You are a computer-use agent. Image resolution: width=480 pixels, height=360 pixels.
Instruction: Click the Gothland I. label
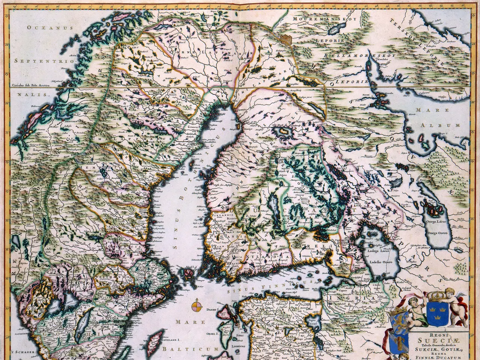pyautogui.click(x=171, y=339)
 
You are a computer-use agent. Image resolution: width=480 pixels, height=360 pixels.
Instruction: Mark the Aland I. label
pyautogui.click(x=188, y=268)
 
